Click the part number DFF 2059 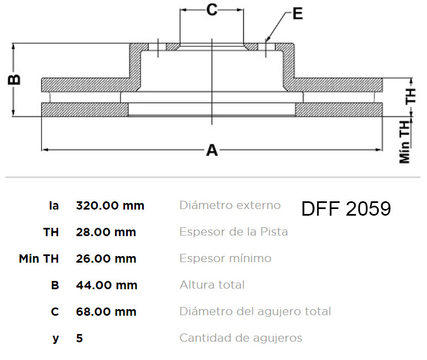(x=346, y=208)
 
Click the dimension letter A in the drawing (x=212, y=150)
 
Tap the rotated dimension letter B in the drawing (x=14, y=79)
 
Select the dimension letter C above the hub (x=212, y=10)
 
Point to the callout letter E (x=298, y=13)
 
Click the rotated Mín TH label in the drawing (x=405, y=142)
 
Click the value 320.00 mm (x=110, y=206)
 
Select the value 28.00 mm (x=106, y=232)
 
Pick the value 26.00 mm (x=106, y=259)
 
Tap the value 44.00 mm (x=107, y=285)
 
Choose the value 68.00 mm (x=106, y=312)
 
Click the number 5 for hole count (x=79, y=338)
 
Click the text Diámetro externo (x=230, y=205)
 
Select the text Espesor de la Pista (x=233, y=232)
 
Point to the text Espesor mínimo (x=225, y=258)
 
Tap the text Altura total (x=212, y=285)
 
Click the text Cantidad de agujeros (x=241, y=338)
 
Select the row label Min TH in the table (x=39, y=259)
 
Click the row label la (x=54, y=206)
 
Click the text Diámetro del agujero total (x=255, y=311)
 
